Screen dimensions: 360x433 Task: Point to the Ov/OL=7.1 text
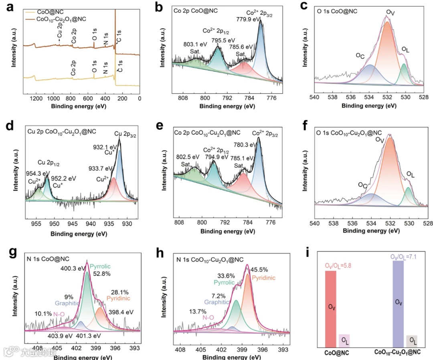point(398,256)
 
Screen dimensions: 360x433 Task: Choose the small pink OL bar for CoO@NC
point(344,340)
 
